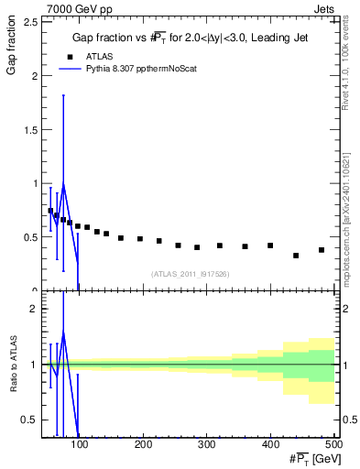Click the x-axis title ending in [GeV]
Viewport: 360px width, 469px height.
point(311,459)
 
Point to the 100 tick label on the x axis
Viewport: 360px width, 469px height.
point(80,445)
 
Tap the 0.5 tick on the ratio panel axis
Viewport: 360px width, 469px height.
point(33,420)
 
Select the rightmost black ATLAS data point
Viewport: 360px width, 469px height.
point(322,250)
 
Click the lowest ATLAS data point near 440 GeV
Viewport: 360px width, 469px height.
point(296,256)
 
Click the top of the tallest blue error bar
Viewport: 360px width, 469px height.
point(63,95)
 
